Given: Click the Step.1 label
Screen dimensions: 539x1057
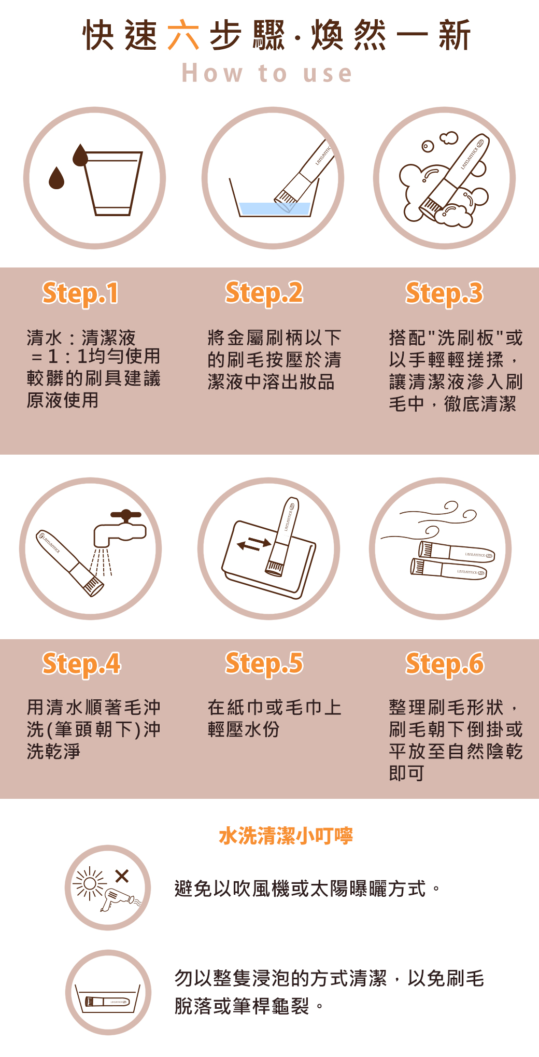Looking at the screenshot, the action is pyautogui.click(x=80, y=293).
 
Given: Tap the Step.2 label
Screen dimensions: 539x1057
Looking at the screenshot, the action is pyautogui.click(x=264, y=293).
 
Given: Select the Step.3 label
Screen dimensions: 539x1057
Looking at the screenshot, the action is pyautogui.click(x=444, y=293).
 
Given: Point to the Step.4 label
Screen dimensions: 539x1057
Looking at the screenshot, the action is pyautogui.click(x=81, y=664).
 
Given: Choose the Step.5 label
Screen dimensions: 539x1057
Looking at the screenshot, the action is pyautogui.click(x=264, y=664).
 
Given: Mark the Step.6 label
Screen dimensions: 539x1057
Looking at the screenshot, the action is pyautogui.click(x=445, y=664).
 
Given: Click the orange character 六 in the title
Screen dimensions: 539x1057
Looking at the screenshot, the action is pyautogui.click(x=183, y=35).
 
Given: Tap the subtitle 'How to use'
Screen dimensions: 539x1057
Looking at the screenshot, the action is pyautogui.click(x=267, y=73).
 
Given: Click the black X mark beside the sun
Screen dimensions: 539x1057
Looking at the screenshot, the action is pyautogui.click(x=122, y=876).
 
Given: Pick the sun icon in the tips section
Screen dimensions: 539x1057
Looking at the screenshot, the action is pyautogui.click(x=90, y=883).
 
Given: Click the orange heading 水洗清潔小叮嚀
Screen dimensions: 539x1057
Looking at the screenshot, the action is pyautogui.click(x=286, y=836).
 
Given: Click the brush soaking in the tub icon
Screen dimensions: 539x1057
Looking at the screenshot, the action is pyautogui.click(x=107, y=1002).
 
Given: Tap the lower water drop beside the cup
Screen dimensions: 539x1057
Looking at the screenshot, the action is pyautogui.click(x=56, y=178).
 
